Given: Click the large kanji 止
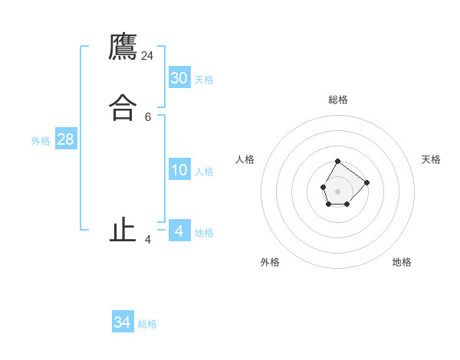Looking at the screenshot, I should [123, 230].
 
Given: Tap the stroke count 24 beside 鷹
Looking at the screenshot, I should [147, 56].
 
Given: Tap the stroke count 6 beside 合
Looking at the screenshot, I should [148, 117].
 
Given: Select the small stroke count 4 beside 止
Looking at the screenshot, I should [148, 240].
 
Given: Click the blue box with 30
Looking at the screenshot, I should [179, 77].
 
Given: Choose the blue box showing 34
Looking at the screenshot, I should [123, 322].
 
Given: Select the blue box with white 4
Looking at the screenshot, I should [179, 231].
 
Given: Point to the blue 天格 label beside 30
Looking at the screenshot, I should [204, 80].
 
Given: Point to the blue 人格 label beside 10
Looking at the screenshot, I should [204, 172].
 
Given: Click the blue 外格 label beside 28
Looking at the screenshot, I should [41, 141].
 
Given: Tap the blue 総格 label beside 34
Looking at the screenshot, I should [147, 325].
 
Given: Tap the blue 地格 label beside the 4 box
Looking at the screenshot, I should [204, 233].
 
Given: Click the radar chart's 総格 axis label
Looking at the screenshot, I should [338, 100].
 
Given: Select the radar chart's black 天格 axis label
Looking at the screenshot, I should [431, 159].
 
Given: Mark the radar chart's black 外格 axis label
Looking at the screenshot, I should [270, 262].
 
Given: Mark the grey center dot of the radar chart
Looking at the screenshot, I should [337, 190].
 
